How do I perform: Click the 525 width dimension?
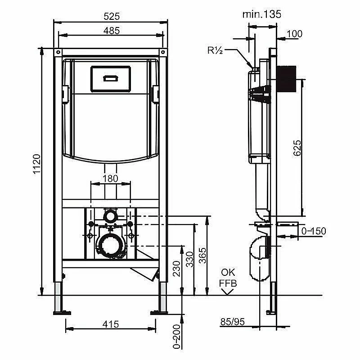coord(112,16)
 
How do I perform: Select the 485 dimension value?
coord(112,31)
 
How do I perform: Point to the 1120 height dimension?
coord(37,164)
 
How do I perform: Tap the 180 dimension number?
coord(110,178)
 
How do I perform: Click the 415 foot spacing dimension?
coord(111,324)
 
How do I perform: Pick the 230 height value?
coord(176,269)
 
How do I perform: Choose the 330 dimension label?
coord(189,260)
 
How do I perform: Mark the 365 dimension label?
coord(202,255)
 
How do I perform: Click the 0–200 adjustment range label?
coord(176,337)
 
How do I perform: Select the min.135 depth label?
coord(262,14)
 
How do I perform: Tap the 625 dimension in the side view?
coord(297,148)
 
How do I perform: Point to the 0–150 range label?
coord(314,231)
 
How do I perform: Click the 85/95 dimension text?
coord(233,322)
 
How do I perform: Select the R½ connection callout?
coord(215,50)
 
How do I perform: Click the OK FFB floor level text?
coord(228,278)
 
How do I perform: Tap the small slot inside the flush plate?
coord(111,78)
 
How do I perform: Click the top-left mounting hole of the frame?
coord(58,52)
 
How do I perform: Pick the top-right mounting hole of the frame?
coord(163,52)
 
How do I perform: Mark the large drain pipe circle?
coord(111,245)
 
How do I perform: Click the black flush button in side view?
coord(287,79)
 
